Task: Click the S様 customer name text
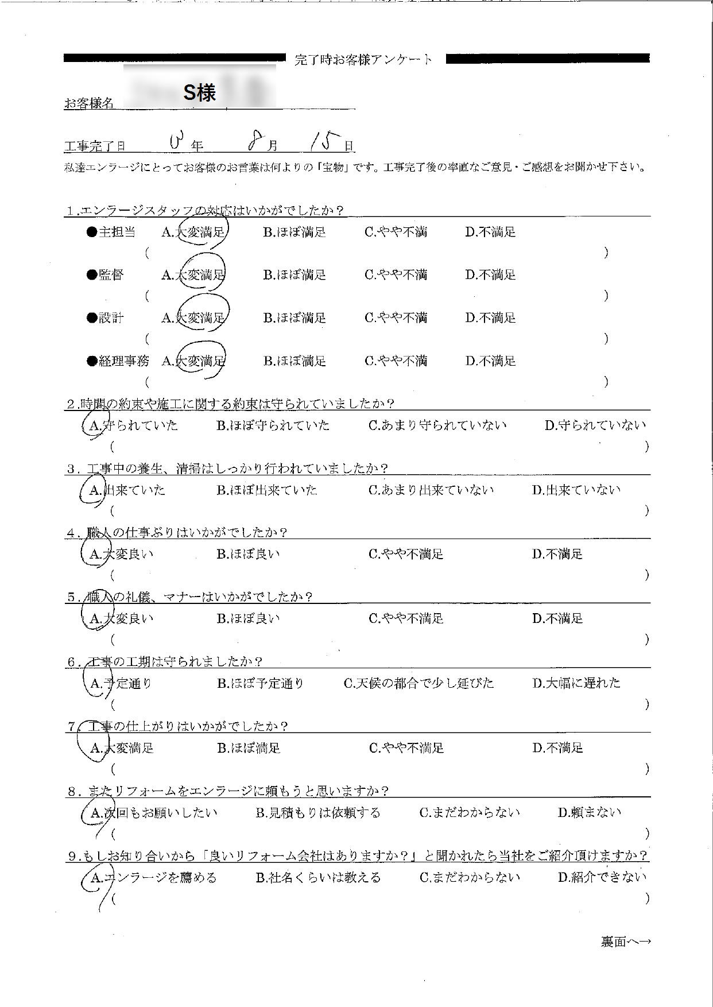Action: point(199,92)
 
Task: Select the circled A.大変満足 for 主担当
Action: point(194,232)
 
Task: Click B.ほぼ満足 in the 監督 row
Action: point(294,275)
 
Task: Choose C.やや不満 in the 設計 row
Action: point(396,318)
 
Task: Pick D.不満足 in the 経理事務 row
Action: point(490,361)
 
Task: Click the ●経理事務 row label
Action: point(118,361)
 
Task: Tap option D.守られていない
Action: point(595,425)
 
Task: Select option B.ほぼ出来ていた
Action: point(267,490)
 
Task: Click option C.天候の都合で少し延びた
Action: point(418,683)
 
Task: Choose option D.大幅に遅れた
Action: point(576,683)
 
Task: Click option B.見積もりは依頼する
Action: point(317,813)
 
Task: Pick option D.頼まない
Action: point(589,813)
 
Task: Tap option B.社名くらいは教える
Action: point(318,878)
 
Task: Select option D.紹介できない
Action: point(602,878)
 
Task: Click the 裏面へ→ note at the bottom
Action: point(625,942)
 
